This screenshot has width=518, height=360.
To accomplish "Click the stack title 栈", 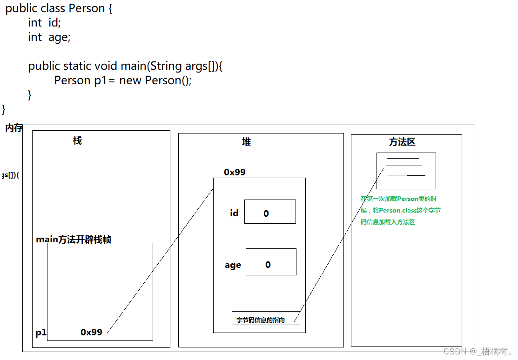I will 77,140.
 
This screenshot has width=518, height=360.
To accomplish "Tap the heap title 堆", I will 246,142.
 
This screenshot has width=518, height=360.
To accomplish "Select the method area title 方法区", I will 402,142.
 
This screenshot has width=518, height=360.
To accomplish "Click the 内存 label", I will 13,128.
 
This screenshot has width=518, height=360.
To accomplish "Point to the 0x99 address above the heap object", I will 235,172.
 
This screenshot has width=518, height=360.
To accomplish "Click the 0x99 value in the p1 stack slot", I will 91,332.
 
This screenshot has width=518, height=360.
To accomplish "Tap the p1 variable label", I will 41,333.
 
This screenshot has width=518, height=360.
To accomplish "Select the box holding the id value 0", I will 270,212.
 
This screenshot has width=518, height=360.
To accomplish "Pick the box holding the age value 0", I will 271,262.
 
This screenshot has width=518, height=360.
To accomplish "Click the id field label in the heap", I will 234,213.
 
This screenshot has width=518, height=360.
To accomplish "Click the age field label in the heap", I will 233,265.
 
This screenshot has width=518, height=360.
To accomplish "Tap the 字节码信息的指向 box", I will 266,319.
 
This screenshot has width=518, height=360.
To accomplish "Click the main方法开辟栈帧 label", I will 74,240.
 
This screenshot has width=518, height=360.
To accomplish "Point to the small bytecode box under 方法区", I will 406,170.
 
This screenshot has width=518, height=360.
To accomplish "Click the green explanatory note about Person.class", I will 401,210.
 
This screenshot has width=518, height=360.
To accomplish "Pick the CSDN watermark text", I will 477,352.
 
